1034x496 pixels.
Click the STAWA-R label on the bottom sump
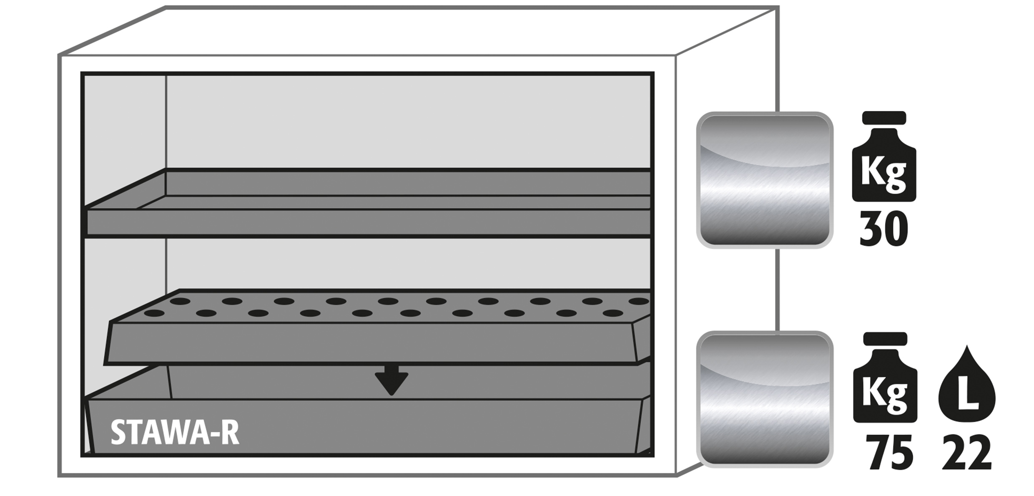coord(175,433)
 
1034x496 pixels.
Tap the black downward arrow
coord(391,380)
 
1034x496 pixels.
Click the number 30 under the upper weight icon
coord(883,229)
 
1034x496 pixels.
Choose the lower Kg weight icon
coord(885,378)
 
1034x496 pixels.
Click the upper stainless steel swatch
coord(765,180)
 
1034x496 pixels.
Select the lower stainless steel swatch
coord(765,399)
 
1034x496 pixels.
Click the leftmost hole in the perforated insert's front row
coord(154,313)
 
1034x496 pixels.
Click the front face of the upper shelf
coord(369,222)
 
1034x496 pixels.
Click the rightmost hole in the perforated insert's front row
coord(612,313)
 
